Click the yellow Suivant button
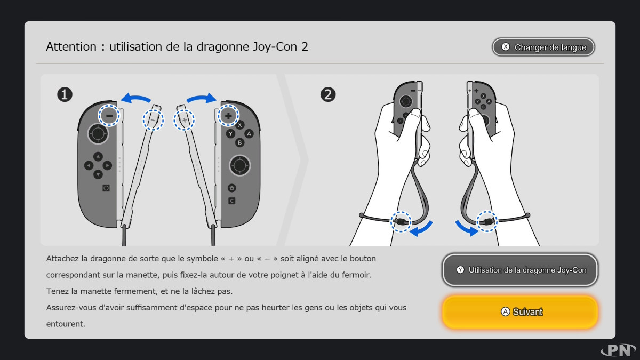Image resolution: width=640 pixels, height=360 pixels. (x=519, y=311)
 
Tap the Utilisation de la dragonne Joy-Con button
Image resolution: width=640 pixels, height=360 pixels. (x=519, y=270)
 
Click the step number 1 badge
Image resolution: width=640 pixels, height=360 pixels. (x=65, y=94)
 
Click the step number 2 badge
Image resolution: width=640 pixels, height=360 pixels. (x=327, y=94)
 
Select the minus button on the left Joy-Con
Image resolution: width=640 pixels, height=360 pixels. (x=109, y=116)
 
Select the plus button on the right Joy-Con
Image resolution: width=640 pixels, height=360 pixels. (x=228, y=116)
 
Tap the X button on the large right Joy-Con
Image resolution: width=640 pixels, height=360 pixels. (x=239, y=125)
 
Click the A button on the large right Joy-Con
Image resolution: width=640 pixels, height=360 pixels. (x=249, y=133)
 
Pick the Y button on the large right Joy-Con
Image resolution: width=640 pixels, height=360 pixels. (x=230, y=133)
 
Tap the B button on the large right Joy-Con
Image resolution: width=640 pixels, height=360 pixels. (x=239, y=142)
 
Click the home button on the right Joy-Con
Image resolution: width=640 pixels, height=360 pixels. (x=231, y=188)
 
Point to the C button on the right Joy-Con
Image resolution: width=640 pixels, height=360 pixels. (x=231, y=201)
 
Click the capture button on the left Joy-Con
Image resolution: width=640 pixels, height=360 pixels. (x=106, y=188)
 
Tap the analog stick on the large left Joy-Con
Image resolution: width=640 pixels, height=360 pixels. (x=98, y=133)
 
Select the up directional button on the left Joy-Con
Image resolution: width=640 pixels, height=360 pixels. (x=98, y=157)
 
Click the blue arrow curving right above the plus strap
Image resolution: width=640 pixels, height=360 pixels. (x=202, y=98)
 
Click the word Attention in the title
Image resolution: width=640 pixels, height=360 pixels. (x=71, y=46)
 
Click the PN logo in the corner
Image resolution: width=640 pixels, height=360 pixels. (x=618, y=350)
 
